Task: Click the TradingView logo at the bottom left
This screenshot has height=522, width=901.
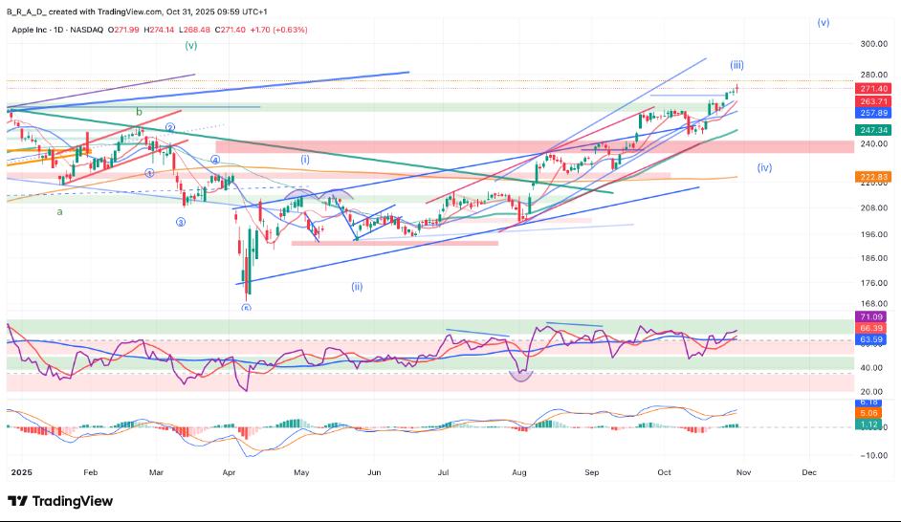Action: click(59, 501)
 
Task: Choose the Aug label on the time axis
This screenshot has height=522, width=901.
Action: click(519, 472)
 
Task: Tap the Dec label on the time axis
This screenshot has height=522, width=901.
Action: click(809, 472)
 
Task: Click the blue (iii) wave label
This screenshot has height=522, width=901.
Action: click(737, 65)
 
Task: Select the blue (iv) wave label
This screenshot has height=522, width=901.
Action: click(764, 167)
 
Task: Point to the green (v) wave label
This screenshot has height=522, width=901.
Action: click(191, 45)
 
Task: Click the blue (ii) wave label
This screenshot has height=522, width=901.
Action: click(357, 286)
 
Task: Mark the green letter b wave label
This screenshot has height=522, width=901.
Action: click(139, 112)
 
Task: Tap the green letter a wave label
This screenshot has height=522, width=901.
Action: click(59, 212)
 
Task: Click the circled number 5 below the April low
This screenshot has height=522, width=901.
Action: click(246, 308)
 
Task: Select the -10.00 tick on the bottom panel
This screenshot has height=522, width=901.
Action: click(872, 455)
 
